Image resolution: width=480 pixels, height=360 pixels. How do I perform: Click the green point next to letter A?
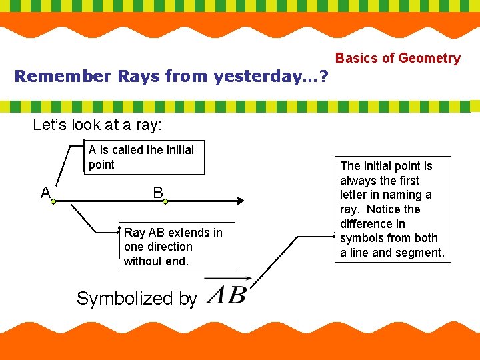click(x=53, y=199)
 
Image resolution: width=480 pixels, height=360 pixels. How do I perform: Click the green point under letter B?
click(x=159, y=200)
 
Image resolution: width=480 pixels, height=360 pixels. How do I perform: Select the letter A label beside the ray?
click(x=45, y=193)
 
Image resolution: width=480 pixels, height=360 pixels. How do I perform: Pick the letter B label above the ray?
click(x=157, y=193)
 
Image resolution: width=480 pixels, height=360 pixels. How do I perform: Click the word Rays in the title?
click(x=140, y=76)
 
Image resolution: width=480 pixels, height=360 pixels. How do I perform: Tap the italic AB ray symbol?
click(x=227, y=295)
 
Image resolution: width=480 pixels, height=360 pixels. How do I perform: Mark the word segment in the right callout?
click(x=421, y=253)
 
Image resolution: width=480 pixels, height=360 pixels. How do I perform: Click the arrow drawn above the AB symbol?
click(x=227, y=279)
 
